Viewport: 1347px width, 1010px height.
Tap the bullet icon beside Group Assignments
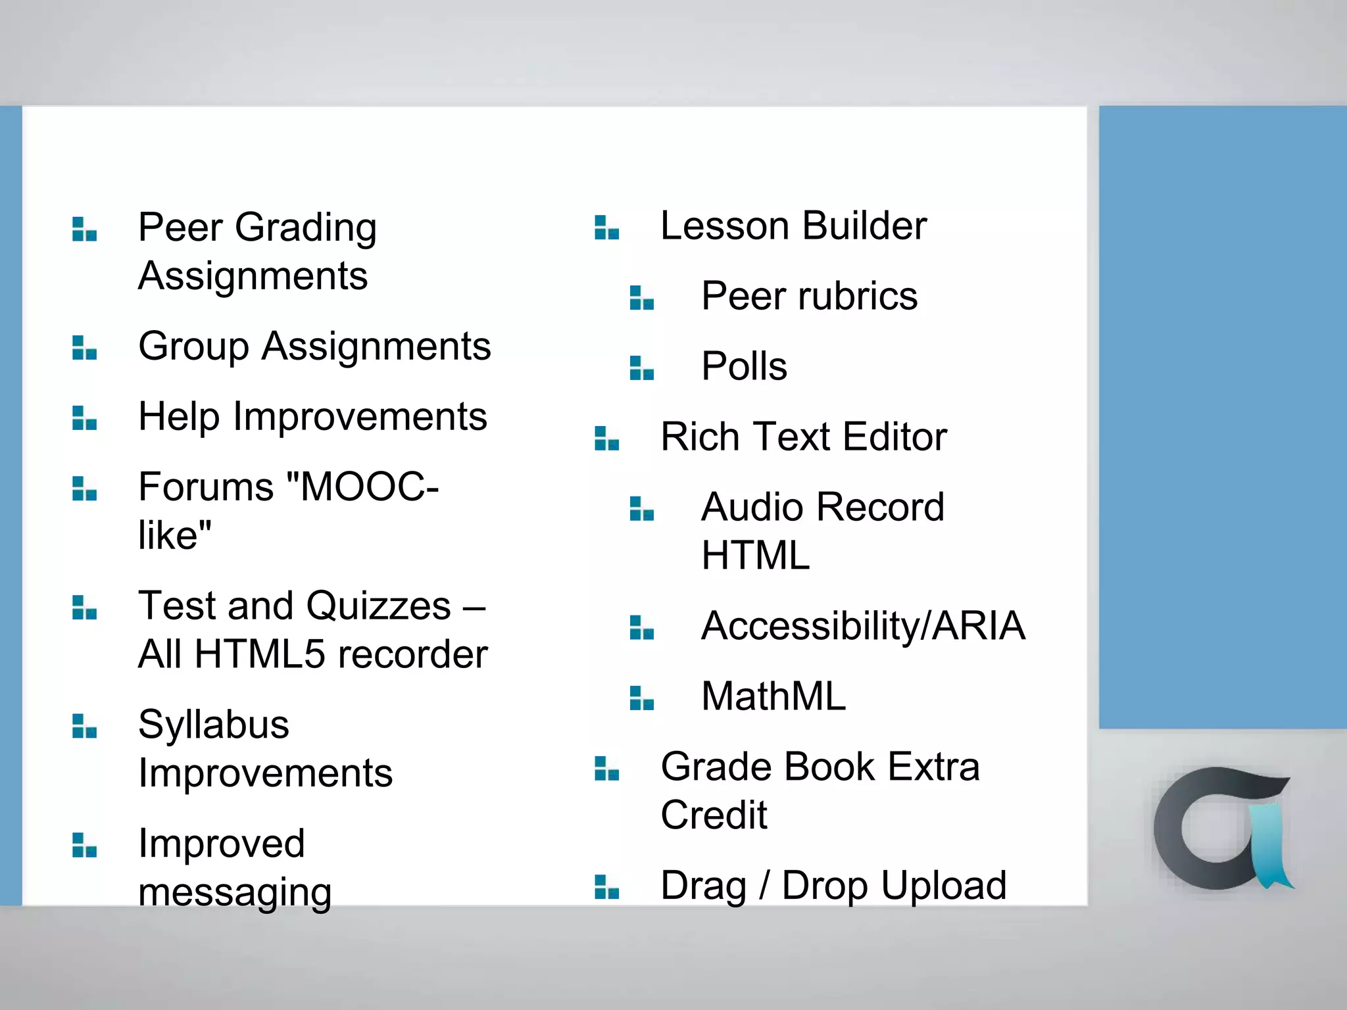(84, 348)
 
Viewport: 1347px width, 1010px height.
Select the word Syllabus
(213, 725)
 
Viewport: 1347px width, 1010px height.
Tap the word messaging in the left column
(234, 893)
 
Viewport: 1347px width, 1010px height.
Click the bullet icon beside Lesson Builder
(606, 228)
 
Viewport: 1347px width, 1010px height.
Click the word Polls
(743, 366)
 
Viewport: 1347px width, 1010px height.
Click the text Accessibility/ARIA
(862, 626)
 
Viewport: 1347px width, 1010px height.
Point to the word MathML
(773, 696)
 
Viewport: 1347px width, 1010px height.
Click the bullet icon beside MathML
(641, 698)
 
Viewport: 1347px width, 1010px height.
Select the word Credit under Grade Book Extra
(714, 815)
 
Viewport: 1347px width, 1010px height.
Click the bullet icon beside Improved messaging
(84, 846)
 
